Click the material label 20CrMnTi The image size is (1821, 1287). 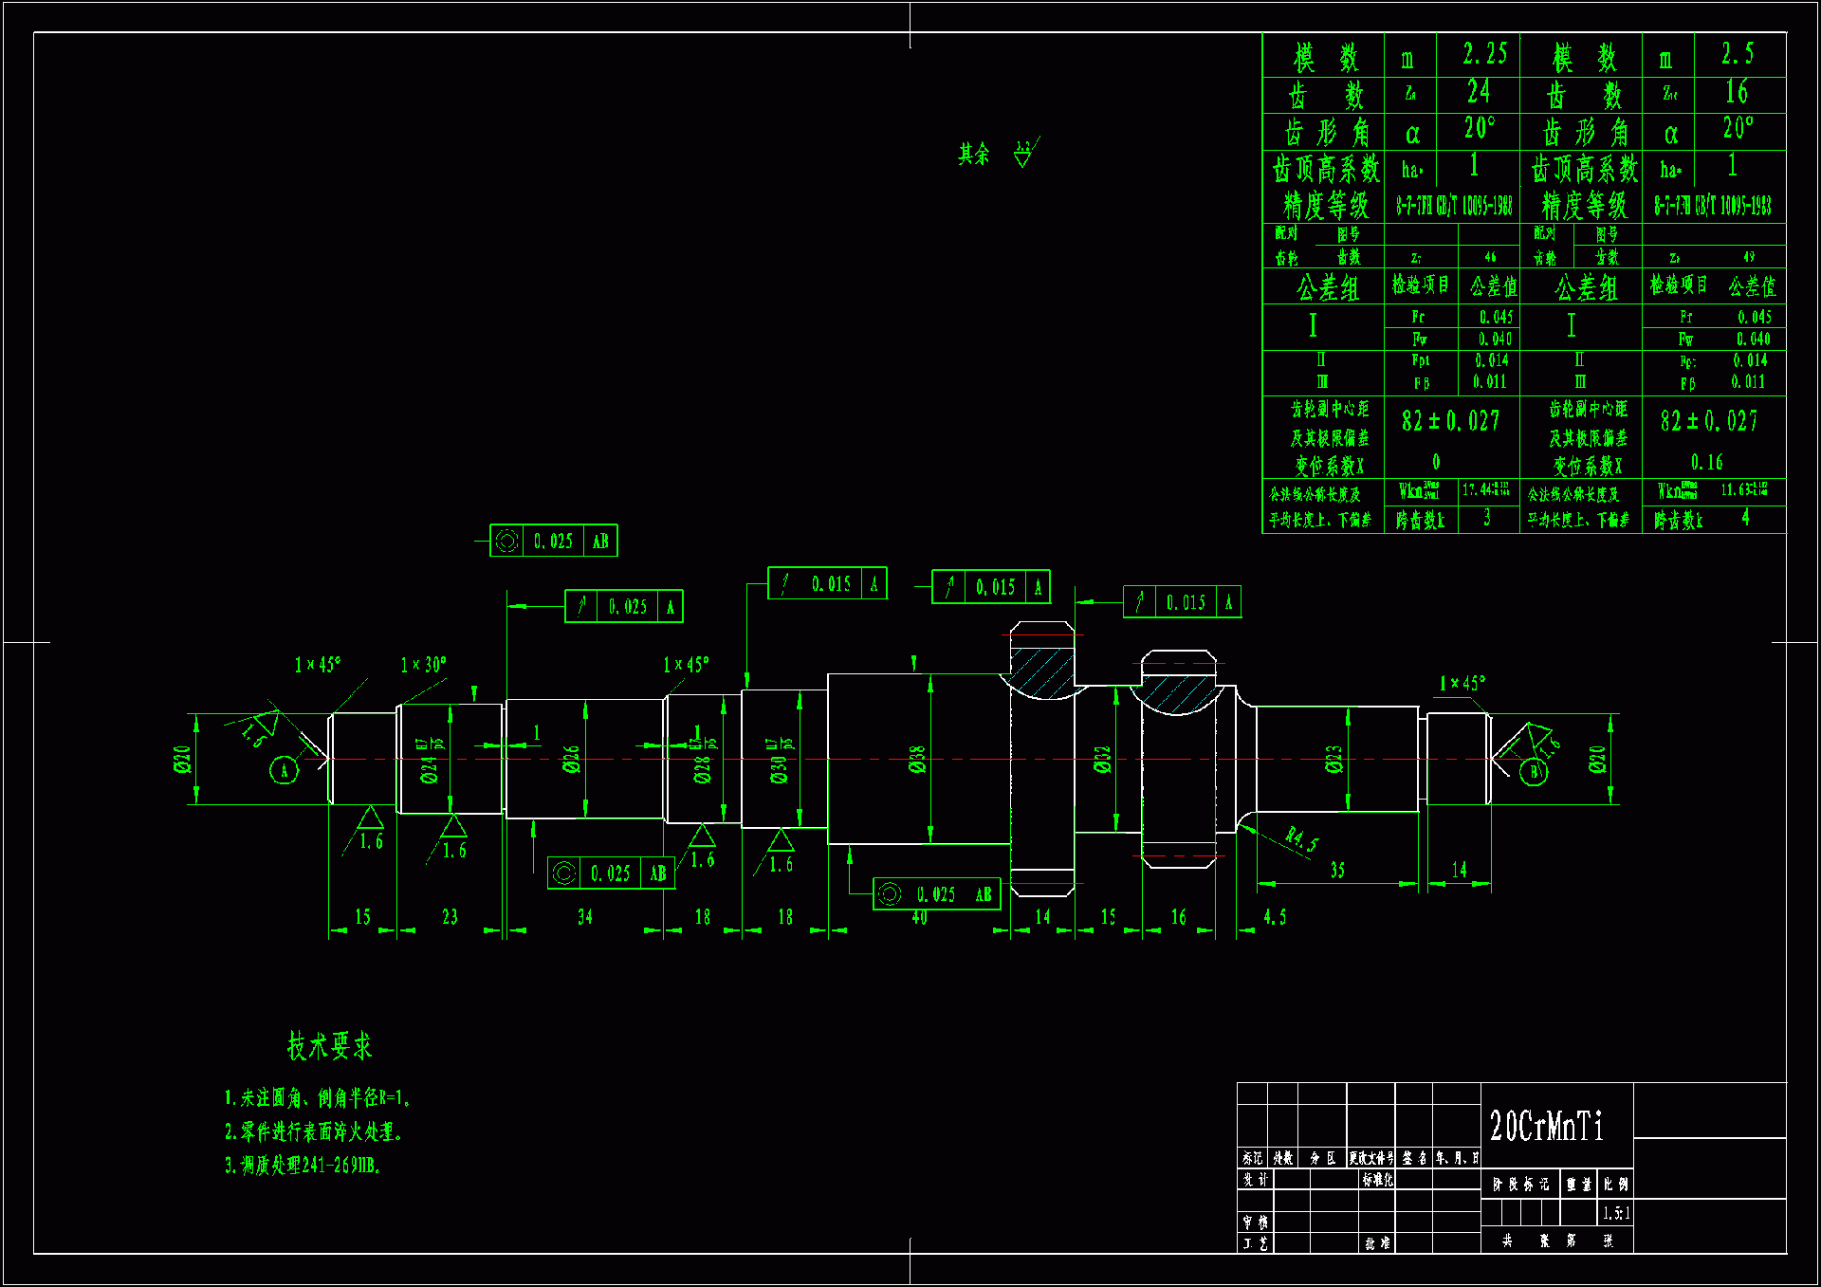pos(1546,1126)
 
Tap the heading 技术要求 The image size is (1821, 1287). pos(329,1045)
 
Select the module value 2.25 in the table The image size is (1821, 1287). pos(1484,54)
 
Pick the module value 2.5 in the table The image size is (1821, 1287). pos(1738,54)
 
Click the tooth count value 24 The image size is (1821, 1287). pos(1478,92)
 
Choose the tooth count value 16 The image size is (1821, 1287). pos(1736,92)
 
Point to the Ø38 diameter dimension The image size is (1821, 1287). pos(916,760)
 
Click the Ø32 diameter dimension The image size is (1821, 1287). pos(1101,760)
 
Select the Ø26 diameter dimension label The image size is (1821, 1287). pos(571,759)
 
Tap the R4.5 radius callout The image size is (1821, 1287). pos(1300,839)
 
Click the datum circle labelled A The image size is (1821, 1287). pos(284,769)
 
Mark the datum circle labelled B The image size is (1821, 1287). pos(1534,771)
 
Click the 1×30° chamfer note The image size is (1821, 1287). pos(423,665)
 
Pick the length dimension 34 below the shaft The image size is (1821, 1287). pos(584,917)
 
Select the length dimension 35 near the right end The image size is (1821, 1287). pos(1337,870)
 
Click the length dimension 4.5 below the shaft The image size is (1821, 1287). pos(1275,917)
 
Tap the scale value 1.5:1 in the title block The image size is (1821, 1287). pos(1616,1213)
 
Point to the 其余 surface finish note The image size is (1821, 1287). pos(974,154)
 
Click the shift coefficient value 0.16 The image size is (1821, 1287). pos(1706,463)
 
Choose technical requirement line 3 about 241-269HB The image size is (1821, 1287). pos(303,1166)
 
